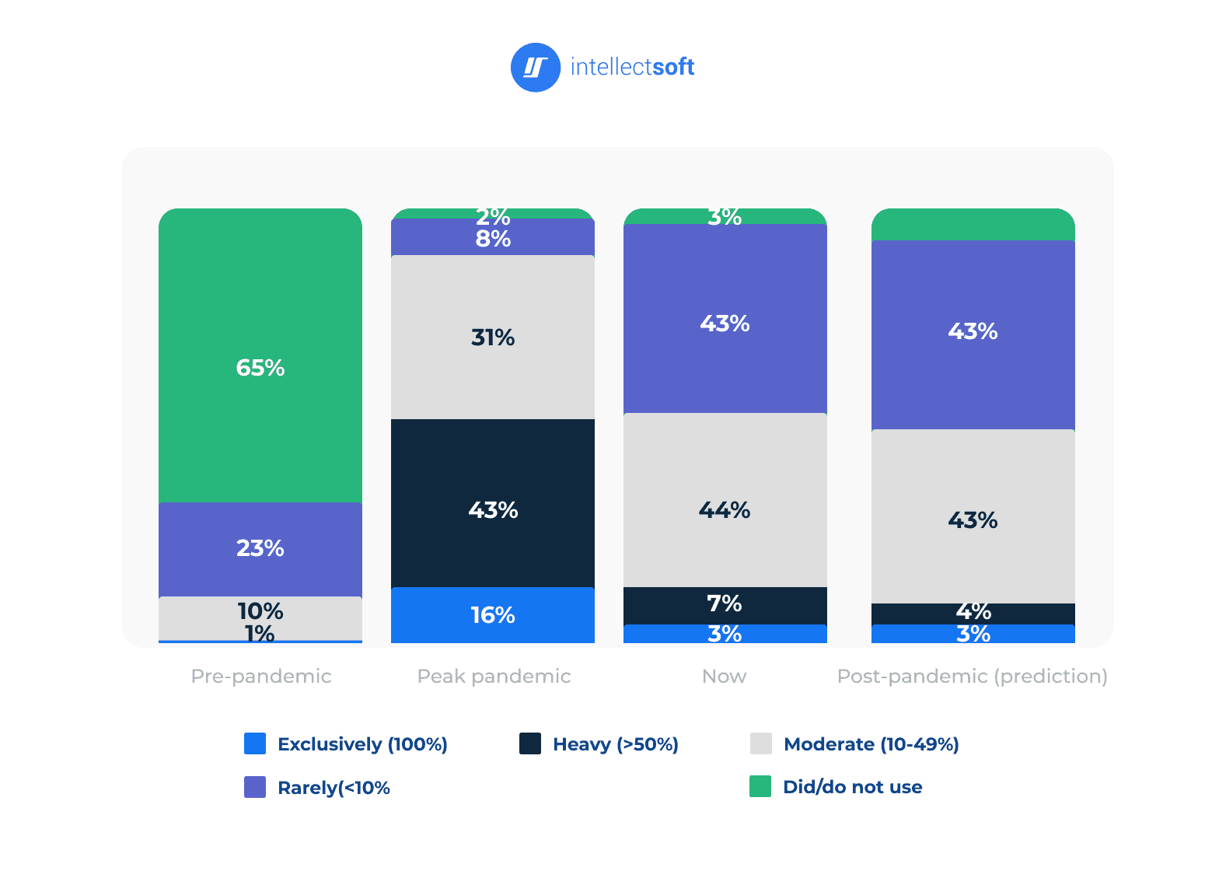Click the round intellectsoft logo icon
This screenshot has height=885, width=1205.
535,68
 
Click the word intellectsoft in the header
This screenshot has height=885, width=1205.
632,68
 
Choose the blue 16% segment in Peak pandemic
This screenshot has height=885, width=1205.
493,615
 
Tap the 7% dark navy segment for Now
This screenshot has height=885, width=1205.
725,605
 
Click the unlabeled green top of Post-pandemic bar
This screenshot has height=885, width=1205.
973,225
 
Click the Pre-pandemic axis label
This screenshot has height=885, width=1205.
261,676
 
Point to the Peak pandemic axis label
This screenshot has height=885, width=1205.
494,676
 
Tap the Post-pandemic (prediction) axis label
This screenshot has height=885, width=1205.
972,676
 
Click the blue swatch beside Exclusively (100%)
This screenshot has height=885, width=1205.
255,743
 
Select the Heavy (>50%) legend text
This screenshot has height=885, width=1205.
615,744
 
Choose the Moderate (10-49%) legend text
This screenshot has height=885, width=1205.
871,744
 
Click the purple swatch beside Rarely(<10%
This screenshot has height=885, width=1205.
255,787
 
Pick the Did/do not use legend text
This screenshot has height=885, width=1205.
852,787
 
